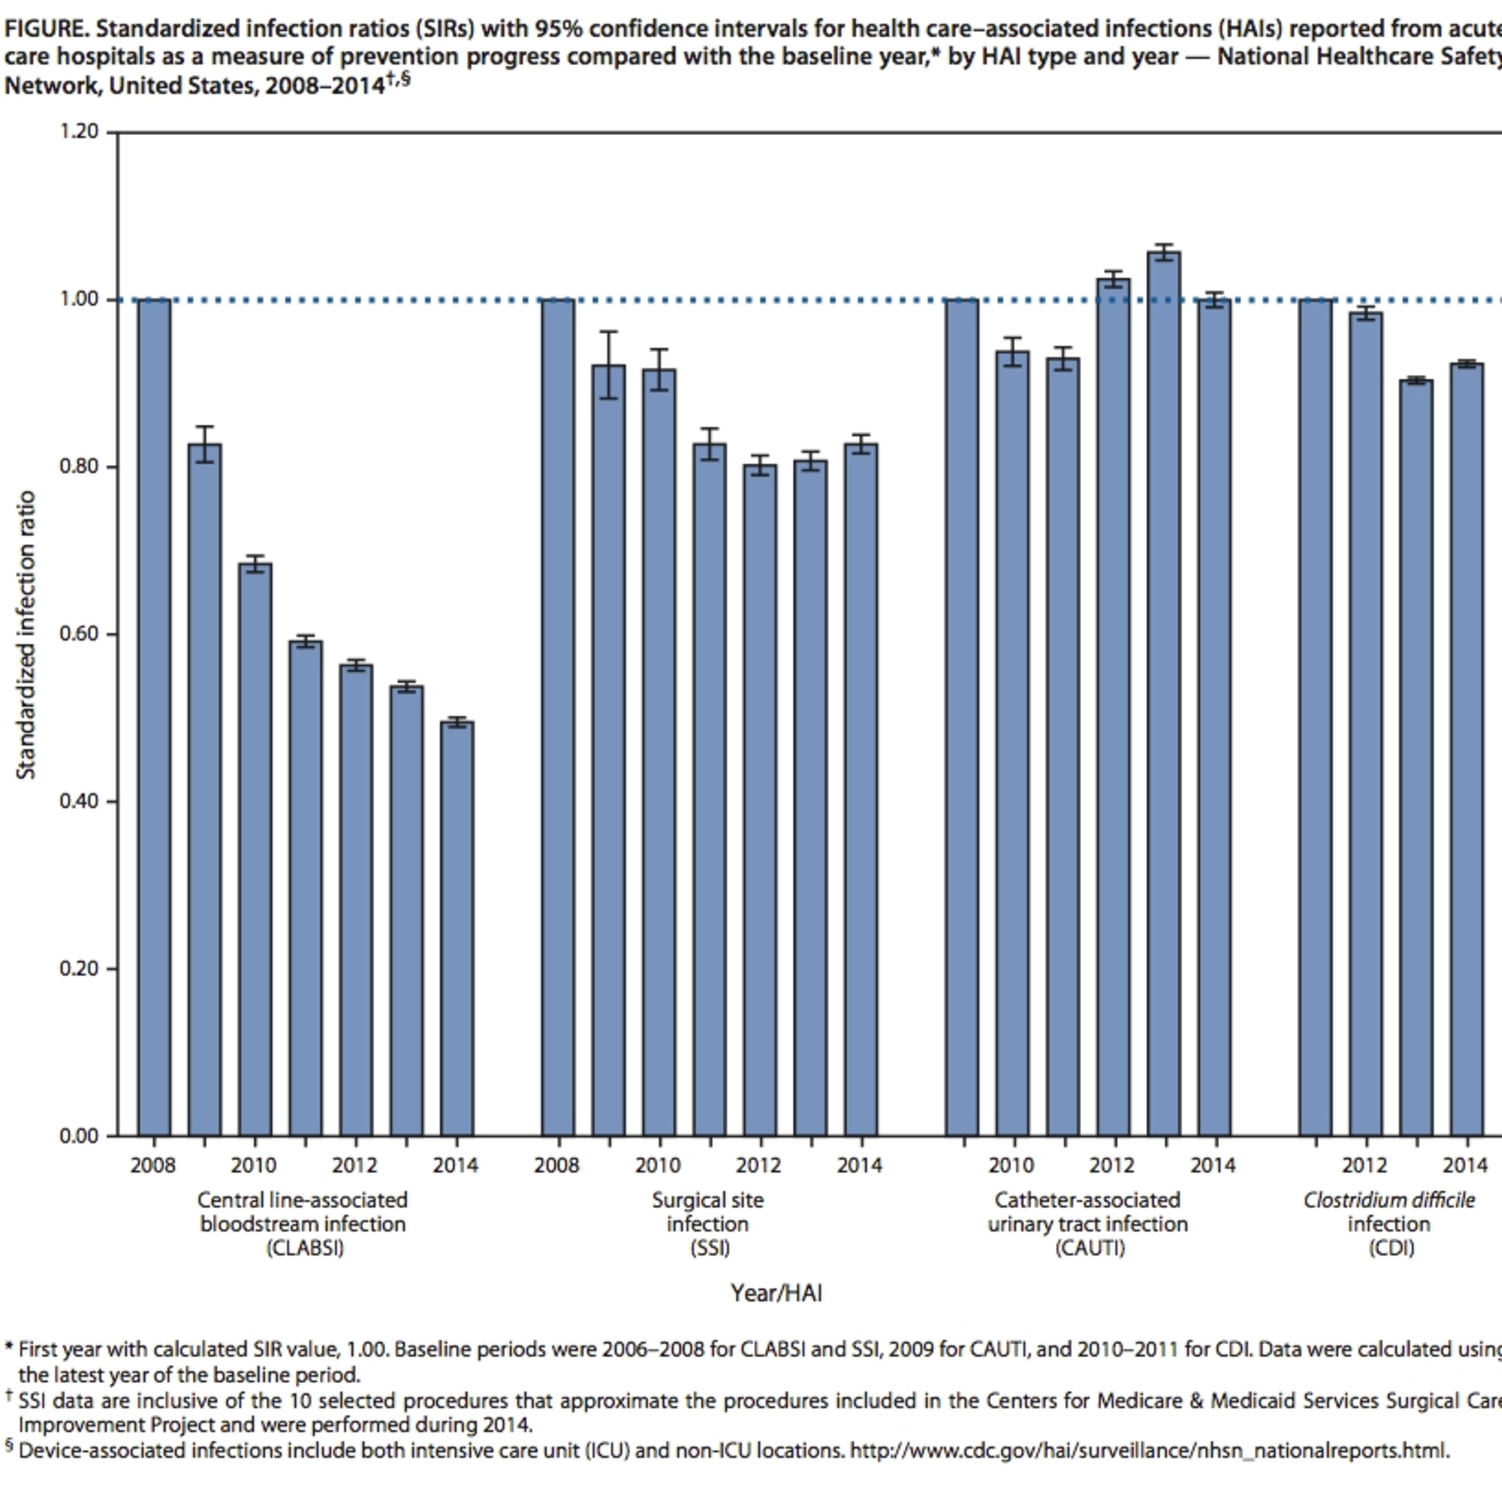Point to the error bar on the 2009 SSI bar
(609, 365)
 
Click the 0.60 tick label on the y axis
(79, 634)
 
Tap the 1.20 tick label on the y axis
(79, 132)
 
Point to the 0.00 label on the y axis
(79, 1136)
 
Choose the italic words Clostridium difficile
(1389, 1200)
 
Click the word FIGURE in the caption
(46, 29)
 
